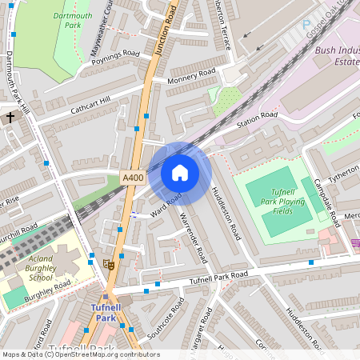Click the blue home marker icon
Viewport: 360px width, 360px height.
(x=180, y=173)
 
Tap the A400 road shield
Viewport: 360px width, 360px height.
(x=132, y=178)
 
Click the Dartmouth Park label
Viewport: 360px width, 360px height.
(x=72, y=21)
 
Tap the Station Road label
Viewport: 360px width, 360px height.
(x=257, y=120)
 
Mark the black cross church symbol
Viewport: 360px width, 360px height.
(x=10, y=118)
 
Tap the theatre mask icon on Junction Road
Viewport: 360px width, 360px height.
(x=110, y=263)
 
